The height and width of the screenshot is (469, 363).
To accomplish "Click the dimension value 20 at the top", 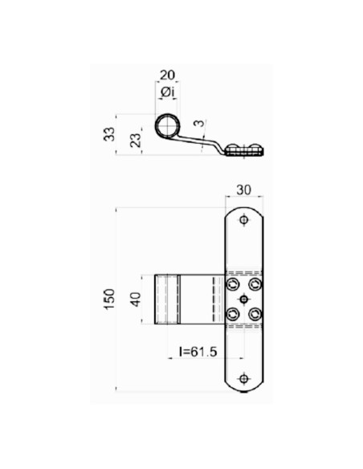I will pyautogui.click(x=167, y=75).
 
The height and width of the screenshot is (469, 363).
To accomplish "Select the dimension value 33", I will pyautogui.click(x=110, y=134).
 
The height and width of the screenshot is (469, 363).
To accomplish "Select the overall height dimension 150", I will pyautogui.click(x=109, y=299).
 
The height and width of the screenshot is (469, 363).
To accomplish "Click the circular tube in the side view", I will pyautogui.click(x=168, y=126).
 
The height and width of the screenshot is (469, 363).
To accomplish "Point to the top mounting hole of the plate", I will pyautogui.click(x=245, y=219).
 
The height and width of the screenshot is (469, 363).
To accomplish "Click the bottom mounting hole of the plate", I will pyautogui.click(x=245, y=378).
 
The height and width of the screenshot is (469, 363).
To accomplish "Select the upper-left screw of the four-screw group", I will pyautogui.click(x=234, y=284).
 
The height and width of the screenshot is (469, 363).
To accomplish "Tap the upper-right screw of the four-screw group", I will pyautogui.click(x=255, y=284).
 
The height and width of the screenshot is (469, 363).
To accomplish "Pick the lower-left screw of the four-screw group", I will pyautogui.click(x=234, y=313).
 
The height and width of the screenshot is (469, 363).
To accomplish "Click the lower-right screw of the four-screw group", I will pyautogui.click(x=255, y=313).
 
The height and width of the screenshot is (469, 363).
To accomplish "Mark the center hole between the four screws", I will pyautogui.click(x=245, y=299).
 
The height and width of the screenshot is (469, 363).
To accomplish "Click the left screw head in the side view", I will pyautogui.click(x=235, y=148).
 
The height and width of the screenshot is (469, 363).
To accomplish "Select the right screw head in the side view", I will pyautogui.click(x=255, y=148).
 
